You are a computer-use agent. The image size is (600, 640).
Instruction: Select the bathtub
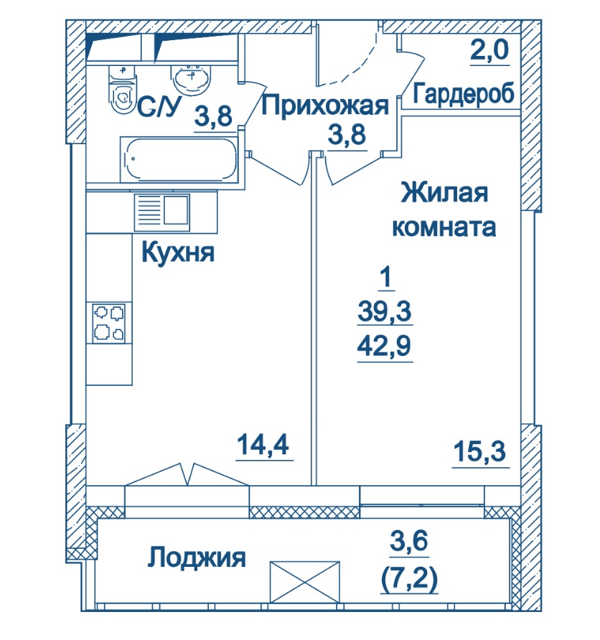tap(179, 159)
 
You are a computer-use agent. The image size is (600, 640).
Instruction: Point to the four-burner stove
tap(108, 323)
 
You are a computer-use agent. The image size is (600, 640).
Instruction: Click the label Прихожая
tap(325, 105)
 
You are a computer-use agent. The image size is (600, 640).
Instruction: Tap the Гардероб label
tap(463, 93)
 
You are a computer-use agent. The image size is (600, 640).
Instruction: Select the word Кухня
tap(178, 253)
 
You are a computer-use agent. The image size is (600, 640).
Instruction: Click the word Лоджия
tap(197, 557)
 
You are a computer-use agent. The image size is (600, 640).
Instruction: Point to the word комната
tap(444, 227)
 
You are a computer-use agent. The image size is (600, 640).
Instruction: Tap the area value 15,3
tap(480, 451)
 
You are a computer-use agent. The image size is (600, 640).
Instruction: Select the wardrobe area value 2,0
tap(489, 50)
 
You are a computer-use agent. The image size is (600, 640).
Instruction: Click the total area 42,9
tap(384, 346)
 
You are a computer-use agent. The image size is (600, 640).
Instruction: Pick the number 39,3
tap(385, 311)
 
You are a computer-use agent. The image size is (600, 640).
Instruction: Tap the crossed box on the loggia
tap(305, 582)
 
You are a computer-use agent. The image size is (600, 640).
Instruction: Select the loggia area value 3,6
tap(409, 540)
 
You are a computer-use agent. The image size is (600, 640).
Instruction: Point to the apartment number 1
tap(385, 277)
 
